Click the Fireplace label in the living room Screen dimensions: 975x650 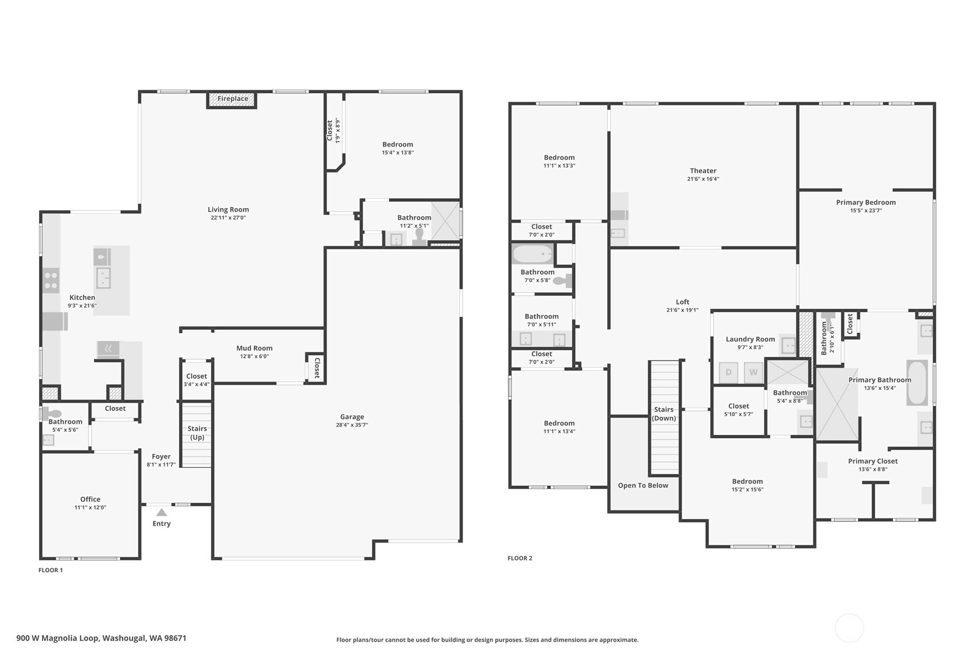pos(233,99)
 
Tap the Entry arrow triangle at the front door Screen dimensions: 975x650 pos(161,513)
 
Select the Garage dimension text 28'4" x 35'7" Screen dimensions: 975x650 pos(352,425)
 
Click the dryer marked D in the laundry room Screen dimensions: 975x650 pos(728,372)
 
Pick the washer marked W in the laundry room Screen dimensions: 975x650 pos(753,372)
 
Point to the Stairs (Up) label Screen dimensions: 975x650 pos(197,433)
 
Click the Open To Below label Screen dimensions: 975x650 pos(643,486)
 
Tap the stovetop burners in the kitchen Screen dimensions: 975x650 pos(51,280)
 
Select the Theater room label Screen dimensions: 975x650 pos(703,171)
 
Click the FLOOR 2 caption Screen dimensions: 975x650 pos(520,558)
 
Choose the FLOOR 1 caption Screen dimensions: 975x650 pos(51,570)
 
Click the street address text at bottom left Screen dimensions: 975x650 pos(102,639)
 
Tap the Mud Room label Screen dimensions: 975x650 pos(254,348)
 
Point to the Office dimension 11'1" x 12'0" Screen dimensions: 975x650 pos(90,507)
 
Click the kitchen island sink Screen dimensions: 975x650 pos(103,278)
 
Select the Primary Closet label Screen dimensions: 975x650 pos(873,461)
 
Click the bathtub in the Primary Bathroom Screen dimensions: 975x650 pos(916,383)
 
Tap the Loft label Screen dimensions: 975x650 pos(683,302)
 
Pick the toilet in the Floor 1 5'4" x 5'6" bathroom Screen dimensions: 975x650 pos(52,413)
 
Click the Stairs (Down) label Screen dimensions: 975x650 pos(664,414)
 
